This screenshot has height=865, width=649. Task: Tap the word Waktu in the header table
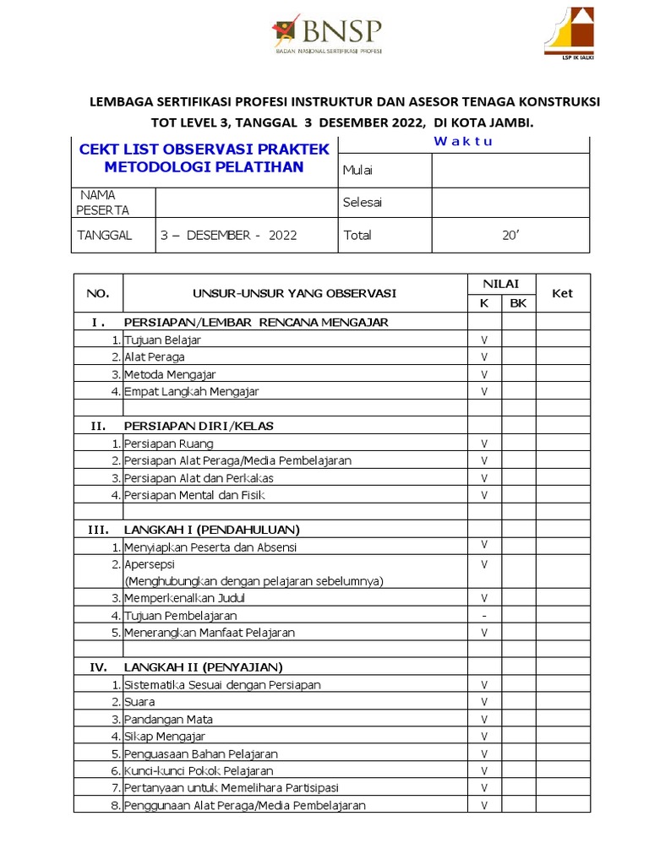[463, 141]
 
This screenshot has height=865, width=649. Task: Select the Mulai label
[357, 171]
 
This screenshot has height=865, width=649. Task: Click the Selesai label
[362, 203]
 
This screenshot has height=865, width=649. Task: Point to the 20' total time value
[510, 236]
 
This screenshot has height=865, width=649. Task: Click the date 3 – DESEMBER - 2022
[229, 236]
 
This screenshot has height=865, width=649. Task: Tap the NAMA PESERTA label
[103, 203]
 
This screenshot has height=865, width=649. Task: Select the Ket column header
[562, 293]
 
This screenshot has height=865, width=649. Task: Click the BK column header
[518, 302]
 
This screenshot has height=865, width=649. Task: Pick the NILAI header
[501, 284]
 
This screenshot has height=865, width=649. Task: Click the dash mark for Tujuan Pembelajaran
[484, 616]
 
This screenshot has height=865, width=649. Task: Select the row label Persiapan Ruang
[168, 443]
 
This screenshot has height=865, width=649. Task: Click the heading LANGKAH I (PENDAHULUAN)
[211, 530]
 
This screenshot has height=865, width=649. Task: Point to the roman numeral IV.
[99, 667]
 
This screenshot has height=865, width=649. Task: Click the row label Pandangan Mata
[168, 720]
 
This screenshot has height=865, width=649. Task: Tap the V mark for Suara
[484, 702]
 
